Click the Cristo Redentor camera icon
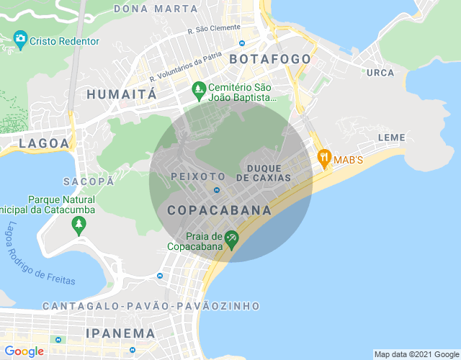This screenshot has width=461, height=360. coord(20,39)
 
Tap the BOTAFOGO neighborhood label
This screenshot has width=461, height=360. coord(270,59)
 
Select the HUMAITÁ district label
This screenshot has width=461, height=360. coord(121,94)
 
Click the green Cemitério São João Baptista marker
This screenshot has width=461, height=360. coord(199,90)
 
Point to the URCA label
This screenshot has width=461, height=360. coord(380,73)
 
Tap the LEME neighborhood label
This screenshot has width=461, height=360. coord(392,138)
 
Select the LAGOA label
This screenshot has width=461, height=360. coord(45,143)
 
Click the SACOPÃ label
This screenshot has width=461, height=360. coord(89,181)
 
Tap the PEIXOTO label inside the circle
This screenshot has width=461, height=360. coord(198,176)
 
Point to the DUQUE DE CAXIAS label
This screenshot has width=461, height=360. coord(269,173)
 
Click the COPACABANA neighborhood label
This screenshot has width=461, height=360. coord(219,211)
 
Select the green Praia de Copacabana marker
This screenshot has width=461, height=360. coord(231,238)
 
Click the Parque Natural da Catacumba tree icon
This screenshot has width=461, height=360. coord(79,226)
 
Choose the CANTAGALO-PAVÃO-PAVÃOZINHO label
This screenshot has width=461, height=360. coord(151,306)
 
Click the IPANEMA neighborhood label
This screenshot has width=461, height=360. coord(120,333)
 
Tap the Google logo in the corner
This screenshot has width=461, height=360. coord(23,351)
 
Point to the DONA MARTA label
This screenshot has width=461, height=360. coord(156,9)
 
